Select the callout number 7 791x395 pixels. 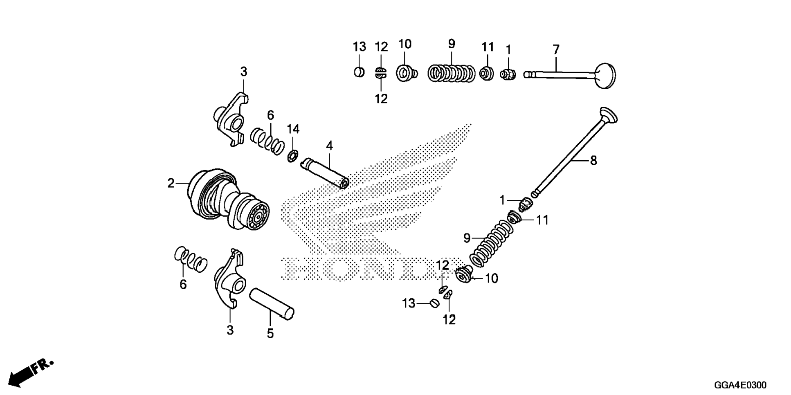click(x=556, y=50)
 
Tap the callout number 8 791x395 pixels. click(x=593, y=161)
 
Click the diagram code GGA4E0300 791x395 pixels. click(x=740, y=385)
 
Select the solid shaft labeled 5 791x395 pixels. click(x=272, y=304)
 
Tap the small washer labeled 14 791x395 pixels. click(x=292, y=156)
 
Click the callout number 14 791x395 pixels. click(x=293, y=129)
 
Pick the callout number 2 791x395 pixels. click(x=171, y=183)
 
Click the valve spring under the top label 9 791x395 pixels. click(x=451, y=73)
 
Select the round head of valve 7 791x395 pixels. click(x=606, y=76)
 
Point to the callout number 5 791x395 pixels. click(x=270, y=334)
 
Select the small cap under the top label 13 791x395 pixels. click(x=359, y=72)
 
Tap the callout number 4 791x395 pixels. click(x=329, y=146)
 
